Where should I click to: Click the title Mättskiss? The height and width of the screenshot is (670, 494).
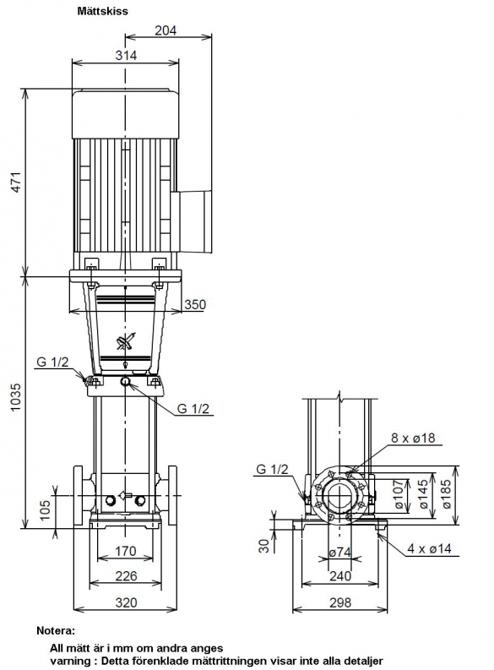[102, 11]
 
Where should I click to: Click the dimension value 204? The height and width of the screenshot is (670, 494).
[166, 30]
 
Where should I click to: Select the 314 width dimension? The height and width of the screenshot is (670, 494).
[126, 55]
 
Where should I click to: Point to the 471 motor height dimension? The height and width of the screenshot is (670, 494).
[16, 182]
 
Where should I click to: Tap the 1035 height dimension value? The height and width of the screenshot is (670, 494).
[16, 397]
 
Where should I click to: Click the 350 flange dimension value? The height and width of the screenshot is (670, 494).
[195, 305]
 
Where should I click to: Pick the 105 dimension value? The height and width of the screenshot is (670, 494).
[46, 509]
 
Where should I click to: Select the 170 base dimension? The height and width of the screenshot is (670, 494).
[126, 551]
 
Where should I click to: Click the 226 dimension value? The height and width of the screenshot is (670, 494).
[127, 576]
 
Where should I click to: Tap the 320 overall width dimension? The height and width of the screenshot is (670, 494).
[127, 602]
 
